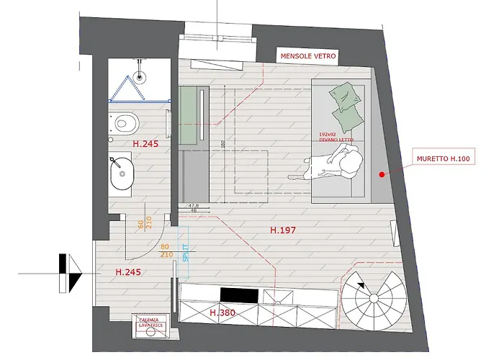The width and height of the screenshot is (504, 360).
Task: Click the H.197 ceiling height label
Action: [283, 230]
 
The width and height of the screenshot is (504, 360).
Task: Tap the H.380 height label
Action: [223, 313]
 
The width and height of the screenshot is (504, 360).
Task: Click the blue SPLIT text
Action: [186, 247]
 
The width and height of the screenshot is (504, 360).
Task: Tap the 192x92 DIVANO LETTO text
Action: [333, 137]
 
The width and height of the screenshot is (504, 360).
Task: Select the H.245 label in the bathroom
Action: [145, 144]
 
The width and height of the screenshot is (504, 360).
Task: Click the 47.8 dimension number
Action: [193, 206]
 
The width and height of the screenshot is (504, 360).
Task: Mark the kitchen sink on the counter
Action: [279, 294]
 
